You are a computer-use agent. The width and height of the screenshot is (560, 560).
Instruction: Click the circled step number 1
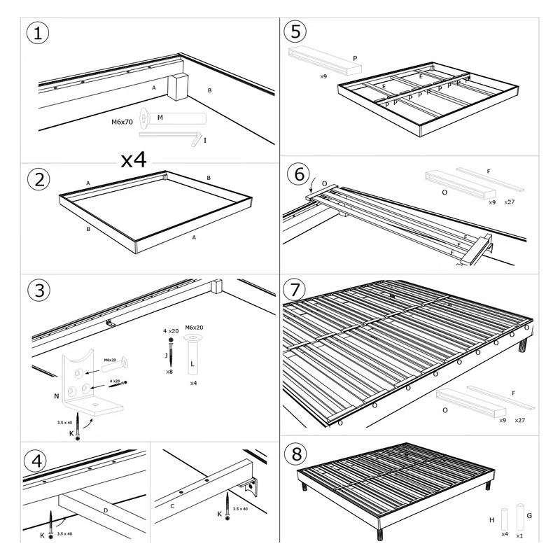tap(38, 33)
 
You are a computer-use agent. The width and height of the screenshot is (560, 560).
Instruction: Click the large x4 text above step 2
tap(133, 160)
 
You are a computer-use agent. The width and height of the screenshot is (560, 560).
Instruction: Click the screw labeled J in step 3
tap(169, 350)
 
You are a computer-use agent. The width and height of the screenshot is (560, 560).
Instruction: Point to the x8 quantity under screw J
tap(169, 372)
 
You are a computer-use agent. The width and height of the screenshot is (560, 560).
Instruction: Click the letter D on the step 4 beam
tap(105, 510)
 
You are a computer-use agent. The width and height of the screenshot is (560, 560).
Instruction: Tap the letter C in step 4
tap(172, 505)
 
